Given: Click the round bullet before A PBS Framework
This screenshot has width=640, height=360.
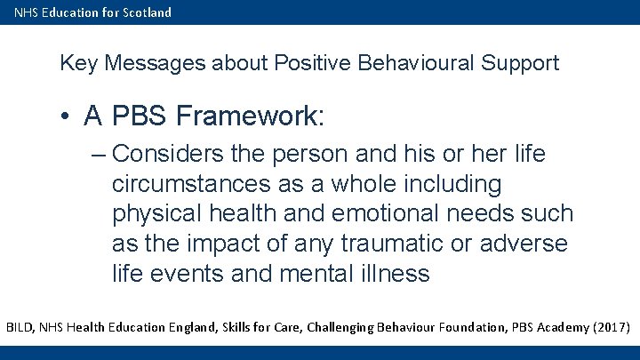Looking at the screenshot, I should tap(68, 116).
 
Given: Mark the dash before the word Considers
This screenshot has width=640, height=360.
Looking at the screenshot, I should tap(99, 155).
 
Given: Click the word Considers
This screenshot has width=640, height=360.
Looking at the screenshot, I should tap(168, 154).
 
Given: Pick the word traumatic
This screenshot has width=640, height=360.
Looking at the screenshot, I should tap(388, 244).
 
